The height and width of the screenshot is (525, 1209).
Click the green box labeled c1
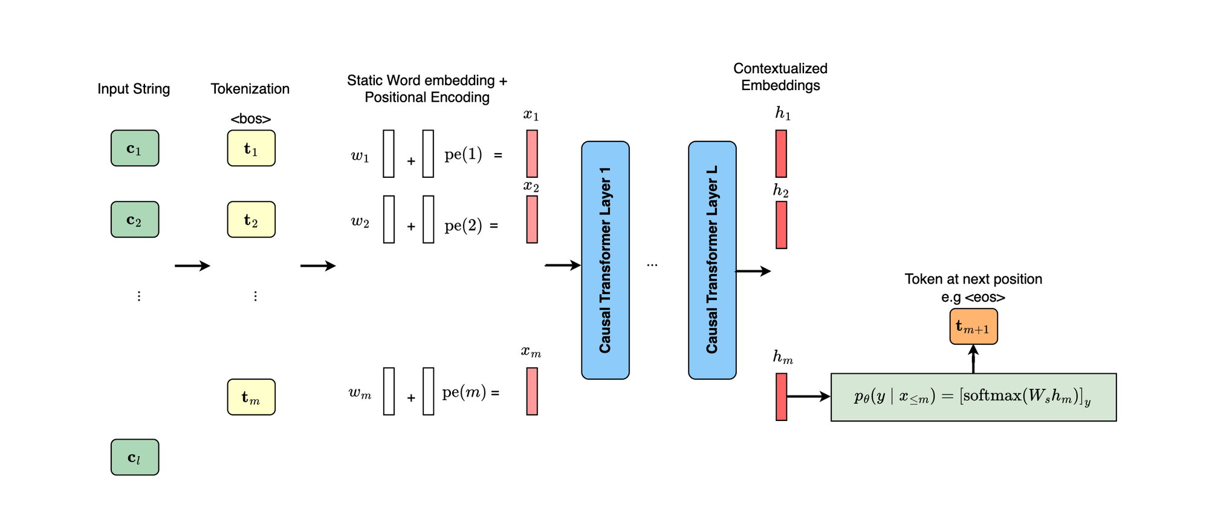click(135, 148)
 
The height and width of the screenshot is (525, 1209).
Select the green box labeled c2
click(135, 220)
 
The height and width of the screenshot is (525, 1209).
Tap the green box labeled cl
click(135, 457)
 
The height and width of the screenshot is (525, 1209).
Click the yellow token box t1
click(251, 148)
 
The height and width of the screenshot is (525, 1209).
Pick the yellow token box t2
click(251, 220)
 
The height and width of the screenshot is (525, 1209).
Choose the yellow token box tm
click(251, 397)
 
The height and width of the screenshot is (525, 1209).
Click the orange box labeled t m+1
click(973, 327)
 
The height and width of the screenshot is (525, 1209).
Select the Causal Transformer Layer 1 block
click(605, 260)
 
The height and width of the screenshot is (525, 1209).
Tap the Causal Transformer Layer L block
click(712, 260)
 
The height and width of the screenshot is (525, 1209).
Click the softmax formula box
click(973, 397)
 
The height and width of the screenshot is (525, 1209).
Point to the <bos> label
click(251, 119)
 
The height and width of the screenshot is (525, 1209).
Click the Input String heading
click(134, 89)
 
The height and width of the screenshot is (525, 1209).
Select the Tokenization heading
click(250, 89)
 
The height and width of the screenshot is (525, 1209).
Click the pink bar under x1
click(532, 154)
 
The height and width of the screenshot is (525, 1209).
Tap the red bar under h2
click(782, 225)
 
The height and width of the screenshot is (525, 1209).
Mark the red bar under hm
click(782, 397)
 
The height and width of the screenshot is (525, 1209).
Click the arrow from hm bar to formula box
click(809, 396)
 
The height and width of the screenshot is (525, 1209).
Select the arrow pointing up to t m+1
click(973, 359)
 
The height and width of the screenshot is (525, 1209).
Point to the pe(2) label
click(464, 226)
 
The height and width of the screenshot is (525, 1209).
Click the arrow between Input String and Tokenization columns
click(192, 266)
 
